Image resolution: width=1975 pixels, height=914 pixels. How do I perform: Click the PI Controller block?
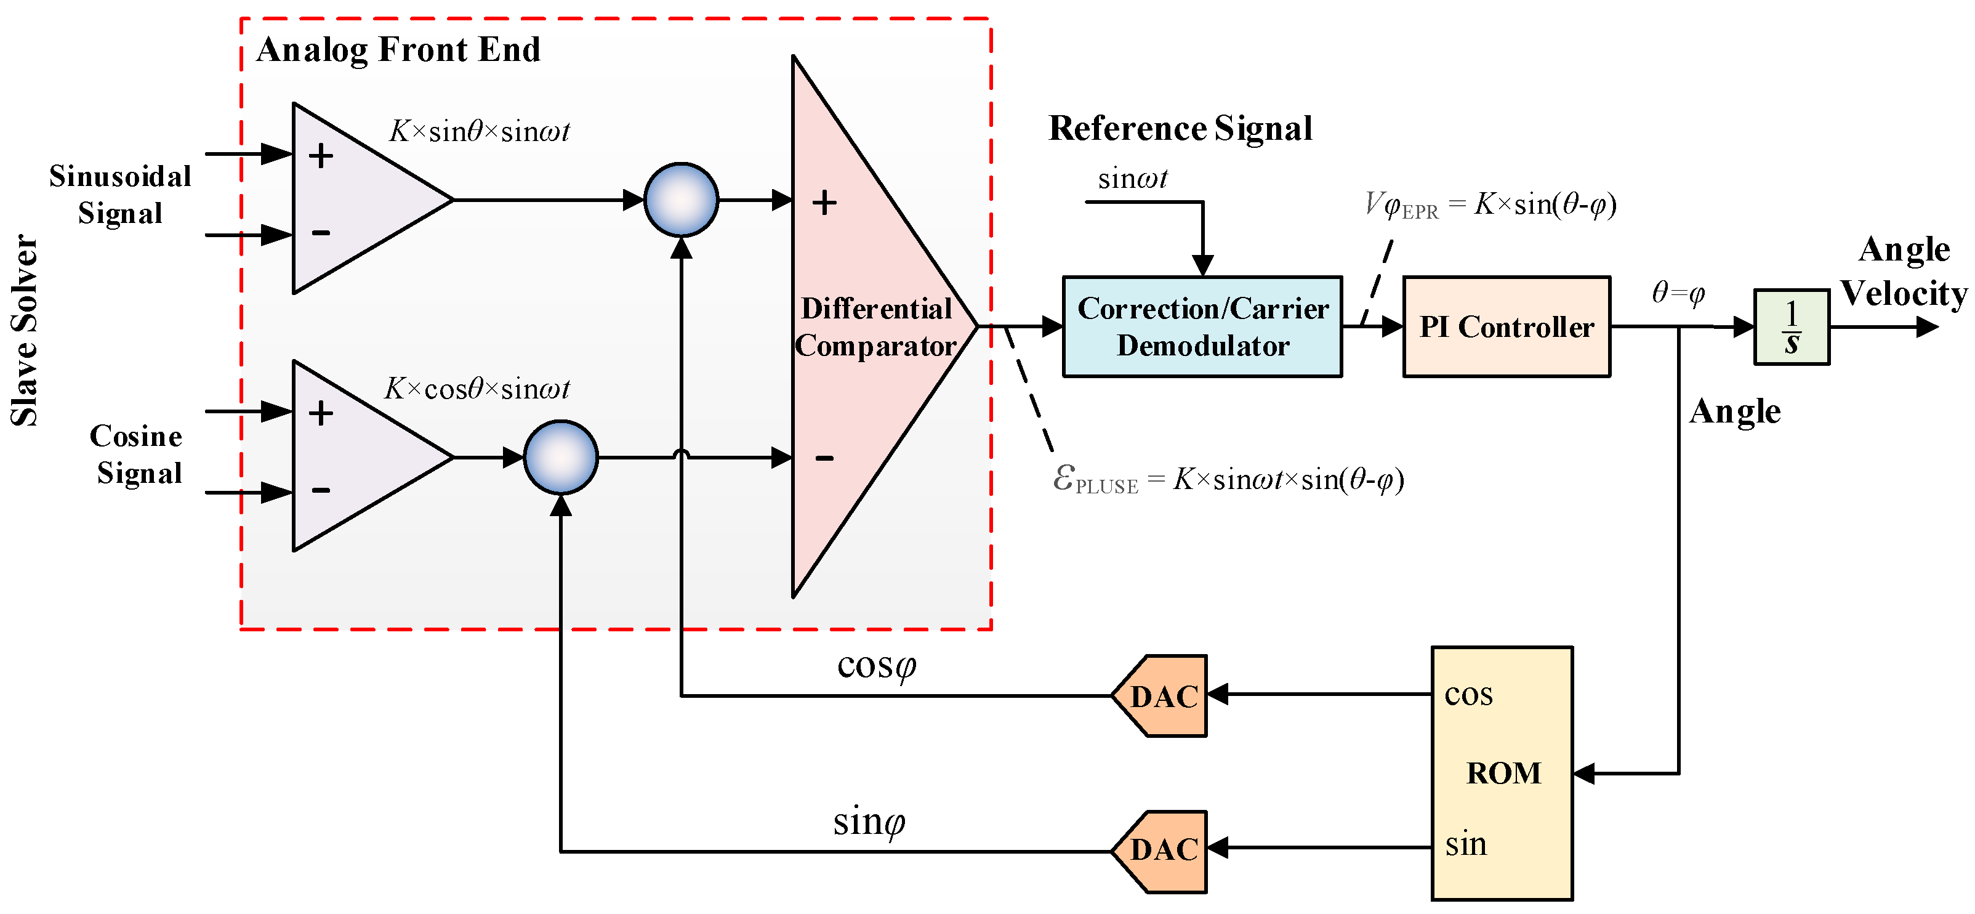(1506, 326)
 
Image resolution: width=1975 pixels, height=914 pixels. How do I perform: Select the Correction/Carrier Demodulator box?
(1202, 326)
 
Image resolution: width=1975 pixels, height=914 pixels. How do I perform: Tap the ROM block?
(1502, 773)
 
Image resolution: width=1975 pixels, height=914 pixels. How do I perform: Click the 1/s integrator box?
(1792, 326)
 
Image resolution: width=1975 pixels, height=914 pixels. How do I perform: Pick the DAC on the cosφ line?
(1159, 695)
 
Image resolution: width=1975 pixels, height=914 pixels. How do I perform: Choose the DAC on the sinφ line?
(1159, 851)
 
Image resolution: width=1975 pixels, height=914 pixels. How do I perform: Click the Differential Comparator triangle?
(874, 326)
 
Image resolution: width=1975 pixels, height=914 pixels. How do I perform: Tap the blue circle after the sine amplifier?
(681, 200)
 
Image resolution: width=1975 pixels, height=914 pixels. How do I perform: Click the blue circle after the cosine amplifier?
(560, 457)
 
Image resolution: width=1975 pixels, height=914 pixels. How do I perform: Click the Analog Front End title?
(398, 50)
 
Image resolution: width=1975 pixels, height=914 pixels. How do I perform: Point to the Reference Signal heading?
(1180, 128)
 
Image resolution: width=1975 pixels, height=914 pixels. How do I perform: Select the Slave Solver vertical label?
(25, 330)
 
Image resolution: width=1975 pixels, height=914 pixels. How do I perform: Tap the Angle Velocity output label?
(1904, 272)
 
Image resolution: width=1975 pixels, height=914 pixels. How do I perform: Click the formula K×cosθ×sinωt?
(477, 389)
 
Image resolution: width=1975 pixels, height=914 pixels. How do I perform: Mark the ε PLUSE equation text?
(1228, 480)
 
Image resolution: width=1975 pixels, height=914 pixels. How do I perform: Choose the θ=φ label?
(1678, 292)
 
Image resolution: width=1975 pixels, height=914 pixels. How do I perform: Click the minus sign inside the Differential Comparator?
(824, 458)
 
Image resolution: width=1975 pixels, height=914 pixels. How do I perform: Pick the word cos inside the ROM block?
(1468, 695)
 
